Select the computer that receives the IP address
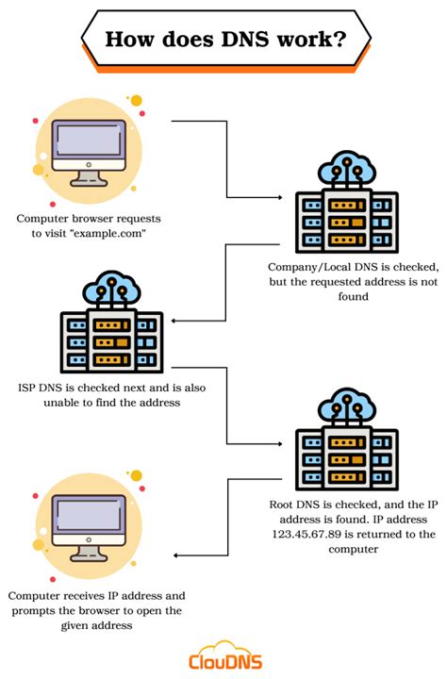pos(89,530)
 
